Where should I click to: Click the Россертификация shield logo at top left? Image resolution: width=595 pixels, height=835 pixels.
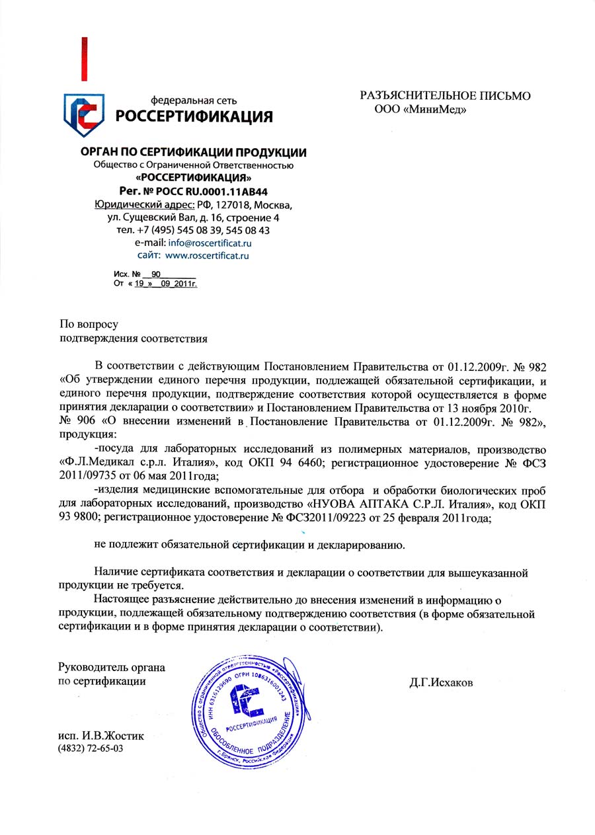(84, 114)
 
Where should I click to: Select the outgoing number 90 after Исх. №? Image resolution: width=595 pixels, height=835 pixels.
(156, 273)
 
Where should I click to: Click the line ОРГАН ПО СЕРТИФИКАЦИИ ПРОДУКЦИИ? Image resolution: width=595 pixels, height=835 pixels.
(193, 153)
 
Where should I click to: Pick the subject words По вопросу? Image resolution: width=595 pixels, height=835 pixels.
(89, 324)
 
